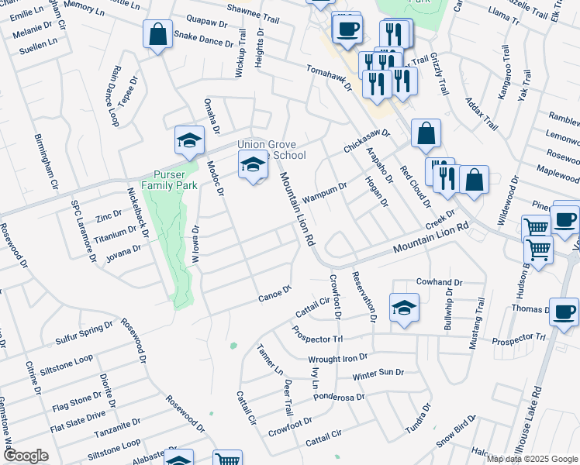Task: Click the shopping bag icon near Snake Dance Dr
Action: pyautogui.click(x=158, y=35)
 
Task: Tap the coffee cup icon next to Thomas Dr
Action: pyautogui.click(x=564, y=312)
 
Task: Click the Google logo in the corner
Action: pyautogui.click(x=26, y=456)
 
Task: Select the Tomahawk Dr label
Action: pyautogui.click(x=330, y=77)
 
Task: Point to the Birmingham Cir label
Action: pyautogui.click(x=46, y=160)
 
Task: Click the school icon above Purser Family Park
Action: pyautogui.click(x=188, y=139)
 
